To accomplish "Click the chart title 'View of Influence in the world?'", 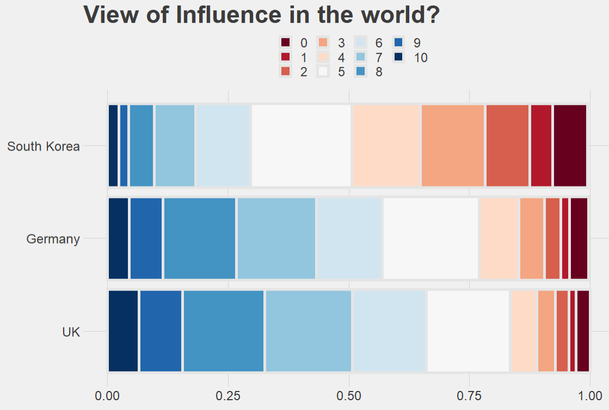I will pos(261,15).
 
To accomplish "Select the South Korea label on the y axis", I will pos(44,146).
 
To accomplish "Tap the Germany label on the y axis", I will pos(53,239).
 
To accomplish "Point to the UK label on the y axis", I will pos(71,332).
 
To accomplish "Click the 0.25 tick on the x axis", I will pos(228,394).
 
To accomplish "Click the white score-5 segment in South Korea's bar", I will pos(301,146).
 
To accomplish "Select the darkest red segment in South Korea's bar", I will pos(570,146).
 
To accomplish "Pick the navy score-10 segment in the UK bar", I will pos(123,332).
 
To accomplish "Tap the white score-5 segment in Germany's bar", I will pos(430,239).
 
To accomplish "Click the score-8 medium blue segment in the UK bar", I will pos(223,332).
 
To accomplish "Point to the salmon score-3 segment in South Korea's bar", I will pos(453,146).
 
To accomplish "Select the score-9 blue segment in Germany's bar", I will pos(146,239).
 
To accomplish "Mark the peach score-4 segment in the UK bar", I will pos(524,332).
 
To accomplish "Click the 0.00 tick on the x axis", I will pos(108,394).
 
